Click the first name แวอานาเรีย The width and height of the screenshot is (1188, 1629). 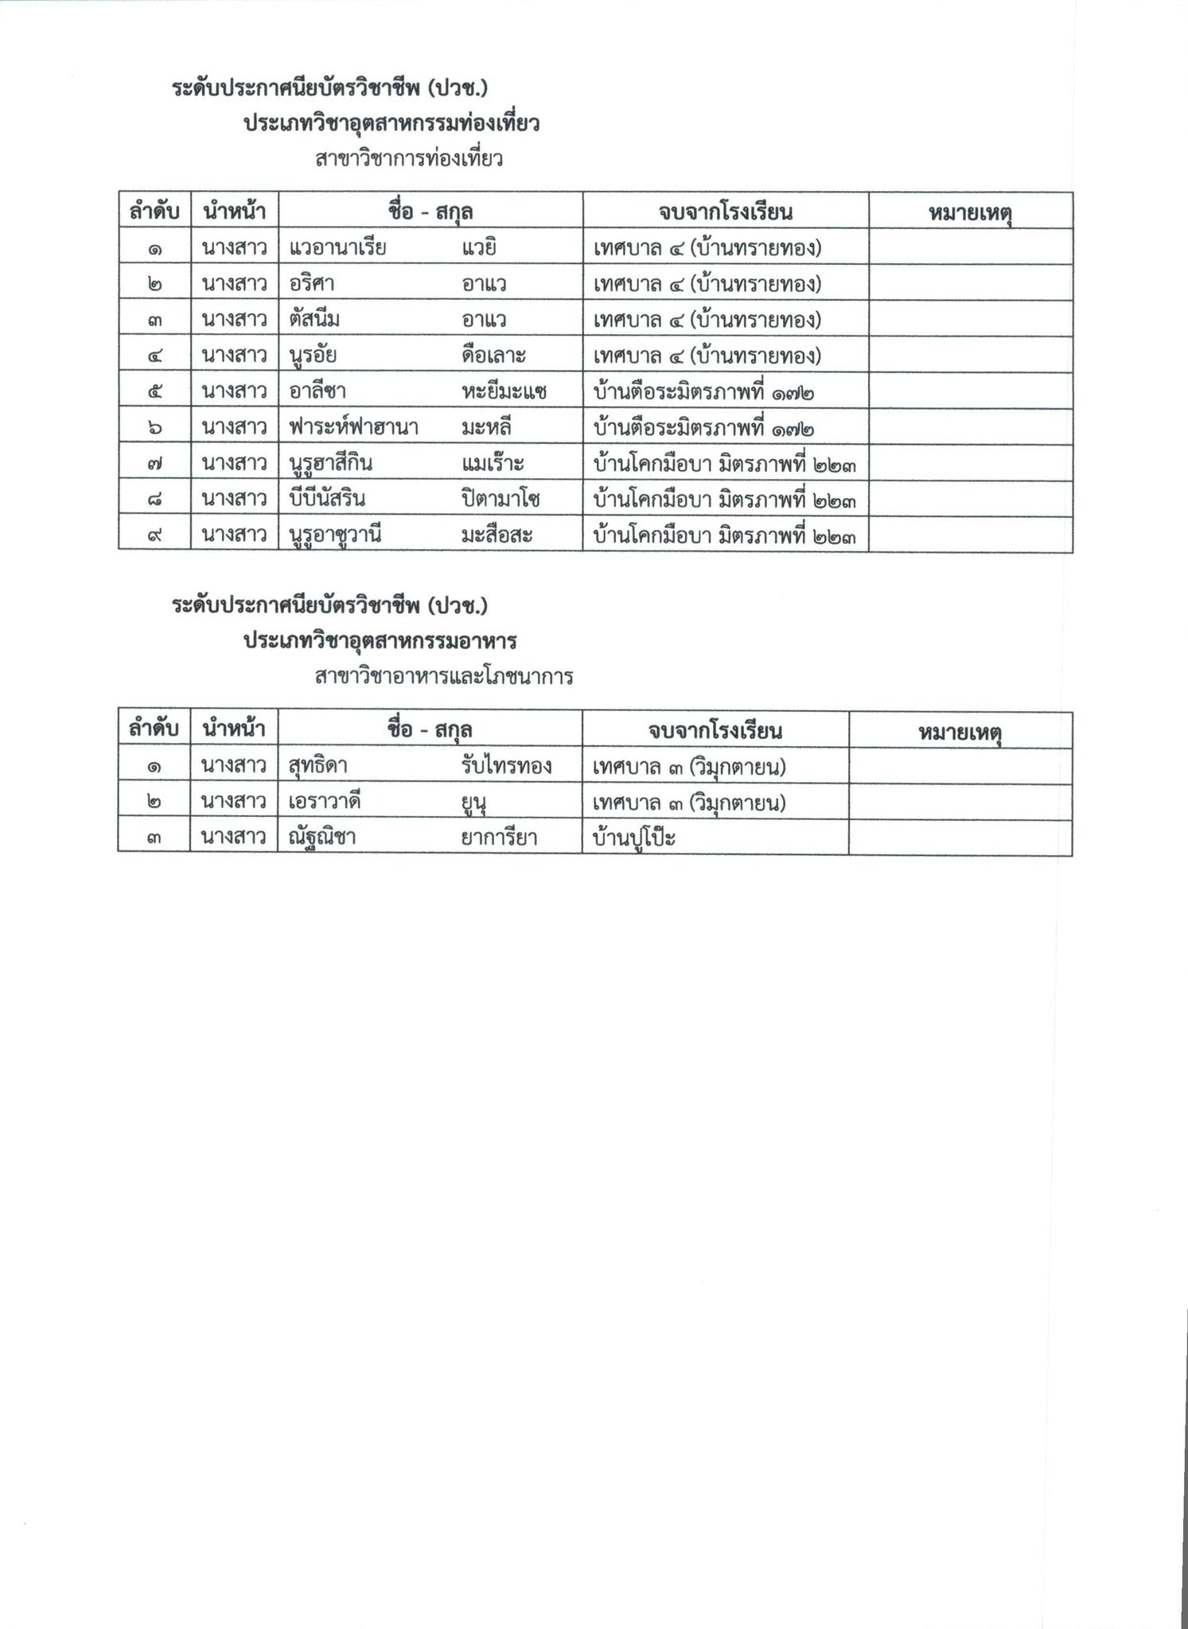[337, 248]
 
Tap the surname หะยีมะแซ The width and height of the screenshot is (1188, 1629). [504, 391]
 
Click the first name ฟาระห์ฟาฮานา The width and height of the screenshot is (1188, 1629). [354, 427]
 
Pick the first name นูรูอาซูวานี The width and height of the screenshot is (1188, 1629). [335, 535]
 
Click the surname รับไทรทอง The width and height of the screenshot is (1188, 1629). [506, 766]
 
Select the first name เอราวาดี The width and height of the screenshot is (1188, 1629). [325, 802]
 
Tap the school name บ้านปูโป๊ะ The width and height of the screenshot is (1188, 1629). [634, 838]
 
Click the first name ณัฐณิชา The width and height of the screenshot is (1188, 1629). [321, 838]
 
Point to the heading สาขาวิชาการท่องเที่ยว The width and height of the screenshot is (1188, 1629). [408, 159]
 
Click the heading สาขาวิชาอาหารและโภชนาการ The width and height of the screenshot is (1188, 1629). [444, 677]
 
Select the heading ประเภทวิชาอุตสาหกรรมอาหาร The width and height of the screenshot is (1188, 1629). [380, 640]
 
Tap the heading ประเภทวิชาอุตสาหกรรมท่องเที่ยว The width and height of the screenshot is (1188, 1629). [391, 123]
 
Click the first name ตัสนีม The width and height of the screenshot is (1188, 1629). [314, 320]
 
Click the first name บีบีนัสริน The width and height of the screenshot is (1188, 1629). [327, 499]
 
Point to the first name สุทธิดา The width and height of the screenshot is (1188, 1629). [317, 766]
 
